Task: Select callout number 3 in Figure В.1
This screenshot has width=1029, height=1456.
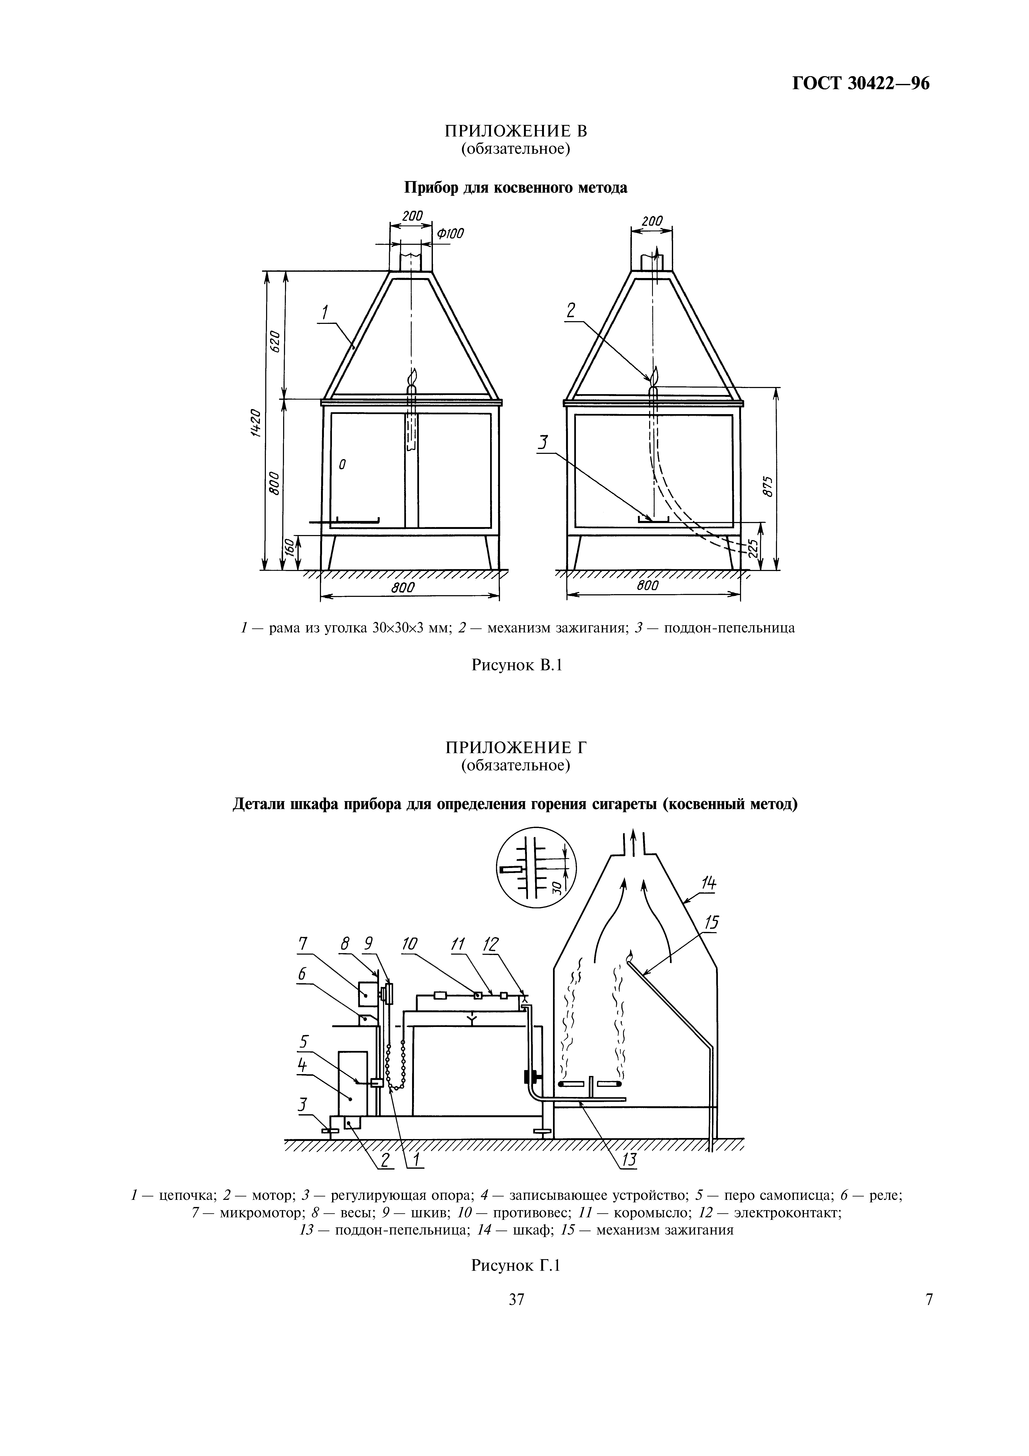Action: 542,443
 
